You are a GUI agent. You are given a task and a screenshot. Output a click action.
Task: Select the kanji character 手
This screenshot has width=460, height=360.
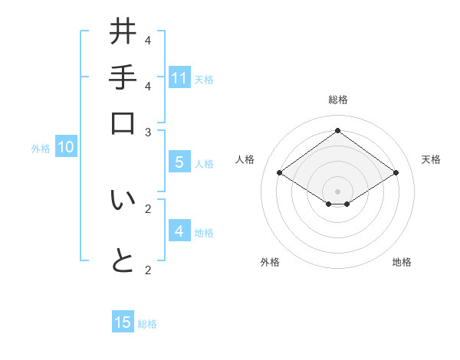[123, 78]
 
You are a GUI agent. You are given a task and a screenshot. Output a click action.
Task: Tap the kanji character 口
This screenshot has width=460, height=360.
[123, 123]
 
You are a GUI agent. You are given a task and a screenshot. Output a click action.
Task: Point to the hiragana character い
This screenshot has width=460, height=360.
[123, 200]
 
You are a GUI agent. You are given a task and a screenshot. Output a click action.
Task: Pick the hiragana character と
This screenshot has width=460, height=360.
[123, 261]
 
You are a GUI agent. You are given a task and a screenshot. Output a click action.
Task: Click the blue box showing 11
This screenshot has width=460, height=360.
[179, 78]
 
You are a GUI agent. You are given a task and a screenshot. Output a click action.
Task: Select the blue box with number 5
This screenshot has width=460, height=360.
[179, 162]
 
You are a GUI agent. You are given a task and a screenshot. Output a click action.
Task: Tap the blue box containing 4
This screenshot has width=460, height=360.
[179, 231]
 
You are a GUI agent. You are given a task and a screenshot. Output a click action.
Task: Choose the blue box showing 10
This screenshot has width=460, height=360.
[65, 148]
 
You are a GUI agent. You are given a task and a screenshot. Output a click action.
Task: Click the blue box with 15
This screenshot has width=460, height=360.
[123, 322]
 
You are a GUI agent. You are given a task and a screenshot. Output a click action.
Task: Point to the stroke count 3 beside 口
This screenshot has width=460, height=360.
[147, 132]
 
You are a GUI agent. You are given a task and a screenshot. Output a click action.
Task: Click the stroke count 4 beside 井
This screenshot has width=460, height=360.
[147, 40]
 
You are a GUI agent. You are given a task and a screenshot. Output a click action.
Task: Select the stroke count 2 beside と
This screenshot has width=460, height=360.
[147, 270]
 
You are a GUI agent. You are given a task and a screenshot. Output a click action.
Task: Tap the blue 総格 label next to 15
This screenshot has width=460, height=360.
[147, 324]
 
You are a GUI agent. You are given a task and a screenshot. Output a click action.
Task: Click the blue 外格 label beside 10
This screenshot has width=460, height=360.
[41, 149]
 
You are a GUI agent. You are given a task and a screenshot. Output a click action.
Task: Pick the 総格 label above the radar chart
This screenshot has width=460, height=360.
[337, 100]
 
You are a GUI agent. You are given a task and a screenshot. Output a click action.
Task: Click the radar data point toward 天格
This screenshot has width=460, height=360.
[396, 173]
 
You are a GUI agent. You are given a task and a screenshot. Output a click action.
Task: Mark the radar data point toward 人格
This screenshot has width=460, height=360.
[279, 173]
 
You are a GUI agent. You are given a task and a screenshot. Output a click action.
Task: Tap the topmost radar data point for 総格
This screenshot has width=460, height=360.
[337, 130]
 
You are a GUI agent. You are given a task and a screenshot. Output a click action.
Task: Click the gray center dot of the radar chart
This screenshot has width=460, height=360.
[337, 190]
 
